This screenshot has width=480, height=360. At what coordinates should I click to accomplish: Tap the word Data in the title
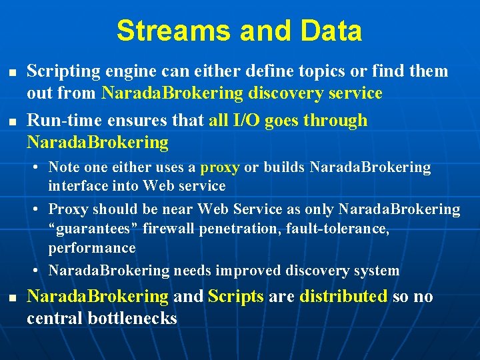point(331,31)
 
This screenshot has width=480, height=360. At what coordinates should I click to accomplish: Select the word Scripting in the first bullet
point(60,71)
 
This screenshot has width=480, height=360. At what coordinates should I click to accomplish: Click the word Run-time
point(59,121)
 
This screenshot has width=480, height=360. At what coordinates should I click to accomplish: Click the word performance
point(91,248)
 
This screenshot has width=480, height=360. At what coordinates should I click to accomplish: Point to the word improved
point(249,271)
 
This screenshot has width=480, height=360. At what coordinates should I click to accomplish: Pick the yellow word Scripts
point(236,297)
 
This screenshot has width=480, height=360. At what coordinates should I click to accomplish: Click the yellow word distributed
point(343,297)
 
